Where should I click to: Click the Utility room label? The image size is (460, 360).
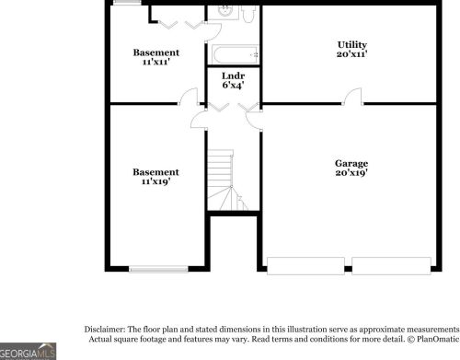coord(351,45)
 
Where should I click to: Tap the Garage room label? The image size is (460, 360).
coord(351,164)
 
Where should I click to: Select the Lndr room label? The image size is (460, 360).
coord(233,75)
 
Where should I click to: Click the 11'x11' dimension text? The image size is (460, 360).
coord(156,62)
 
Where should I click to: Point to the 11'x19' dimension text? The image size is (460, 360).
coord(155,181)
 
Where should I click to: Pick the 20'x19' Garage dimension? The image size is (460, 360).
coord(351,173)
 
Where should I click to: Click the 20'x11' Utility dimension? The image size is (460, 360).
coord(351,54)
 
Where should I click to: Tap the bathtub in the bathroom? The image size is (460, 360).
coord(235,54)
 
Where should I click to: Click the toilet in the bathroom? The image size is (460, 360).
coord(248,14)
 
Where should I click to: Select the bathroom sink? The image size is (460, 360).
coord(224,12)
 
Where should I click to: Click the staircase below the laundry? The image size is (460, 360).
coord(227,180)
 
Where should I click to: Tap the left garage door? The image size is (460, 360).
coord(305,266)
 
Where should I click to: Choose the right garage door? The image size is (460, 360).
coord(391,266)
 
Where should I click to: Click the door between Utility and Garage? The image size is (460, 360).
coord(352,97)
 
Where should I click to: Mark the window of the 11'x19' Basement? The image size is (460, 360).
coord(158,269)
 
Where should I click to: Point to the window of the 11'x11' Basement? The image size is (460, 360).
coord(127,3)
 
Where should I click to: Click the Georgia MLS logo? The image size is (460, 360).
coord(28,352)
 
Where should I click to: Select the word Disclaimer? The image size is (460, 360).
coord(105,330)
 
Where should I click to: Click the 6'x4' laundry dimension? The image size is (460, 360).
coord(233,85)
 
